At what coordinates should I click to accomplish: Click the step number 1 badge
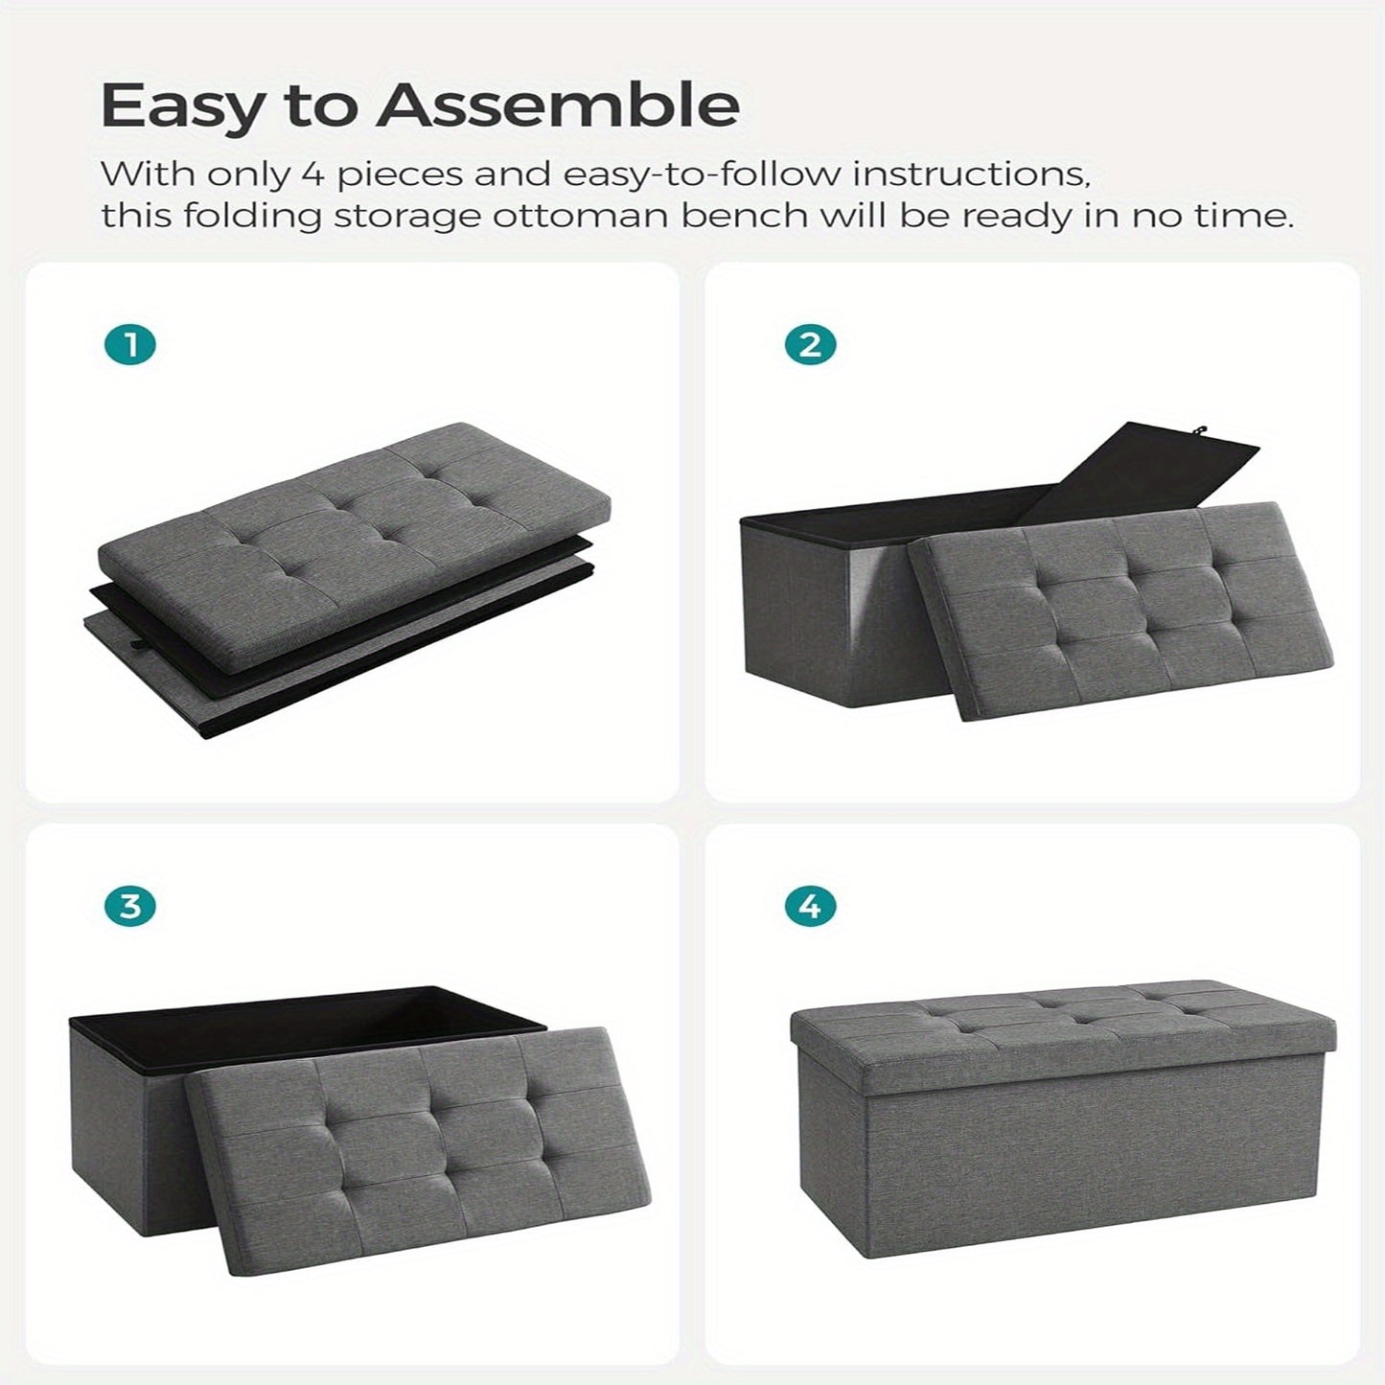(x=130, y=345)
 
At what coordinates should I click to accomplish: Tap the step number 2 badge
(x=810, y=345)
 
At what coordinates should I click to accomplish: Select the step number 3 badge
(x=130, y=906)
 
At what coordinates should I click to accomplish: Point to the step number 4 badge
(x=810, y=906)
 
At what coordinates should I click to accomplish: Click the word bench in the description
(x=744, y=216)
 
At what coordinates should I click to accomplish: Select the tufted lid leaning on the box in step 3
(x=422, y=1150)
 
